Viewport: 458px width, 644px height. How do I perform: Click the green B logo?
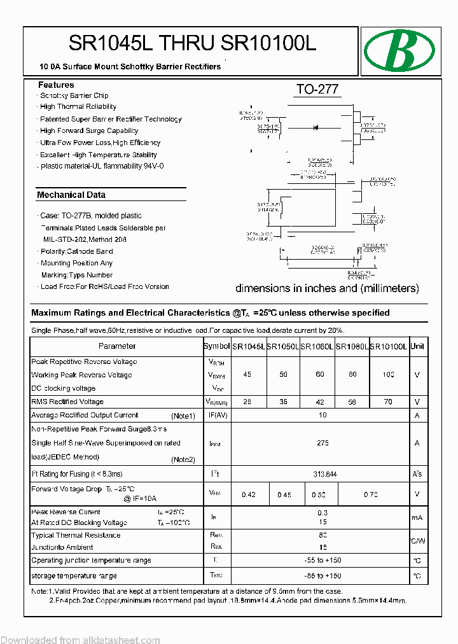[x=399, y=51]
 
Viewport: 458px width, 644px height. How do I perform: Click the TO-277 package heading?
[x=317, y=90]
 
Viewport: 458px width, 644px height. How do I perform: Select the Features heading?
[x=56, y=85]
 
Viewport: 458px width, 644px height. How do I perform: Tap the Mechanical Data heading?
[x=71, y=195]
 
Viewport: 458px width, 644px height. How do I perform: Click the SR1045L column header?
[x=247, y=346]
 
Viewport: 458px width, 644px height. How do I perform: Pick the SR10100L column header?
[x=389, y=346]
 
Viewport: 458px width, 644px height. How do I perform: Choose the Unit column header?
[x=417, y=346]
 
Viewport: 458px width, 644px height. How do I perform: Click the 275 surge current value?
[x=323, y=443]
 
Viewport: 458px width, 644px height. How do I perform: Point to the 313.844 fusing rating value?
[x=323, y=474]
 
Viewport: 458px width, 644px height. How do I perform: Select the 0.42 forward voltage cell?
[x=249, y=494]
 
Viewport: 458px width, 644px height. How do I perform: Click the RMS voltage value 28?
[x=247, y=402]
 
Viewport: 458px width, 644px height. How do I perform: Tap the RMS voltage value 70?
[x=388, y=402]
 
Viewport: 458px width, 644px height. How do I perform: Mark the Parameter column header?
[x=117, y=346]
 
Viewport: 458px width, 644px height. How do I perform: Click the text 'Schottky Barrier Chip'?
[x=74, y=95]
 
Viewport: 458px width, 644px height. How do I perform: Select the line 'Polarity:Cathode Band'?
[x=76, y=251]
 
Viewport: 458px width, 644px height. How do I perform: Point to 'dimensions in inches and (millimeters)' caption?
[x=327, y=288]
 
